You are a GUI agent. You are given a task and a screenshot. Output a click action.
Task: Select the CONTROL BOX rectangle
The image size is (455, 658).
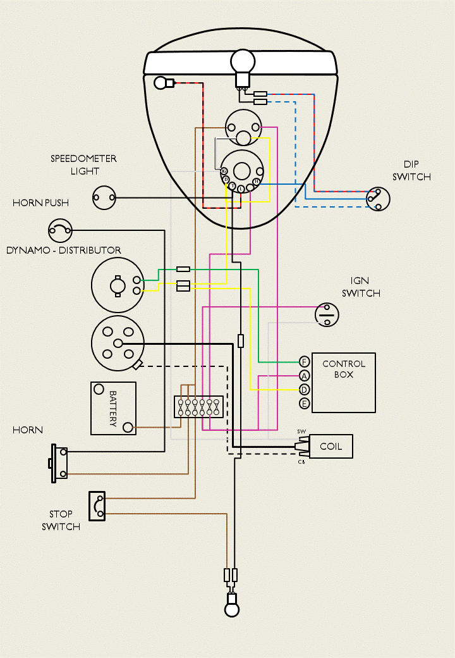[343, 382]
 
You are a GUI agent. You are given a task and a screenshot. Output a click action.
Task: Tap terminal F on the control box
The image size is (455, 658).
[305, 362]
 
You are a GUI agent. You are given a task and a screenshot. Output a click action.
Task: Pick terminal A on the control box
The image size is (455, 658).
[305, 376]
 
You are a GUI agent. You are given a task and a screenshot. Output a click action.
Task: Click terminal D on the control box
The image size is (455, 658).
[305, 389]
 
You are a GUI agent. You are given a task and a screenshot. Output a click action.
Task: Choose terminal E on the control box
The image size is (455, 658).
[305, 403]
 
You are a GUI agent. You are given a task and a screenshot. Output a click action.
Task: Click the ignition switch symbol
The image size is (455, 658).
[327, 314]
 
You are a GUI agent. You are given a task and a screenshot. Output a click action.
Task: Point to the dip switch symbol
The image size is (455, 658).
[379, 199]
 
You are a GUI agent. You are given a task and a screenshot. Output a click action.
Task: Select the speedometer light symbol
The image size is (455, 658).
[104, 198]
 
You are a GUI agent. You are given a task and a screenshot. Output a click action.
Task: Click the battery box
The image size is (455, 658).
[113, 408]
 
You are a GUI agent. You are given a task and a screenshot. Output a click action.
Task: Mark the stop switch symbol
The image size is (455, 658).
[97, 506]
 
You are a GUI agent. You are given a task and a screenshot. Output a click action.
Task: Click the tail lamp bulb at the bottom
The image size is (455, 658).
[232, 608]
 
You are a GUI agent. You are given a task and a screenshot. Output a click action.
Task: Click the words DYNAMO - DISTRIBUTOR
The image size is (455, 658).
[63, 250]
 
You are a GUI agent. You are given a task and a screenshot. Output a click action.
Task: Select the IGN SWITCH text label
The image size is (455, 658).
[361, 287]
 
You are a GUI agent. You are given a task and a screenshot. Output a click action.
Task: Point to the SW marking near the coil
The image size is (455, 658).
[301, 431]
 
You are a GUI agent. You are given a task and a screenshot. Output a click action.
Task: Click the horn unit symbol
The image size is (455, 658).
[60, 463]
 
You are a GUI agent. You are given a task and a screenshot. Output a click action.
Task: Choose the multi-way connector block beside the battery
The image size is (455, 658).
[198, 407]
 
